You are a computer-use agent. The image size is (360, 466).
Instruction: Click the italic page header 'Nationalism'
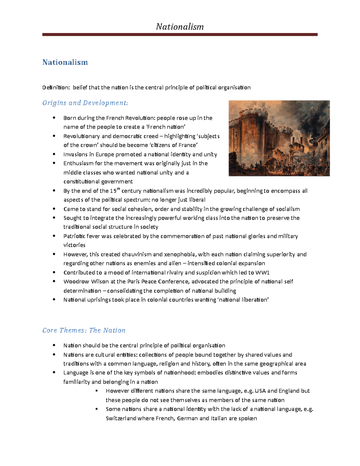[180, 27]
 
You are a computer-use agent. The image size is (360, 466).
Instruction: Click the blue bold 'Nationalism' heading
[65, 62]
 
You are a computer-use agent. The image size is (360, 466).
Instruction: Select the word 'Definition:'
[56, 88]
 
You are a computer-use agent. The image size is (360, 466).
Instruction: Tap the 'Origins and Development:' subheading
[85, 103]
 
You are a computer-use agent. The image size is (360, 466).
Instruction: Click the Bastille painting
[279, 138]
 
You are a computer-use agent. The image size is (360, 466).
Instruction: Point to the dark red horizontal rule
[180, 35]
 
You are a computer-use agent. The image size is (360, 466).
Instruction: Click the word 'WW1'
[262, 272]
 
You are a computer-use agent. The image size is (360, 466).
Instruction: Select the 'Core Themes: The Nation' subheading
[84, 330]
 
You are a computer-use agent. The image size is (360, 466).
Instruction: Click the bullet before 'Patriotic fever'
[54, 236]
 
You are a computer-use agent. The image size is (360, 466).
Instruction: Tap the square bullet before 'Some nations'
[97, 409]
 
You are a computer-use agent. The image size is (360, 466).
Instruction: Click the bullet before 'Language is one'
[54, 372]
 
